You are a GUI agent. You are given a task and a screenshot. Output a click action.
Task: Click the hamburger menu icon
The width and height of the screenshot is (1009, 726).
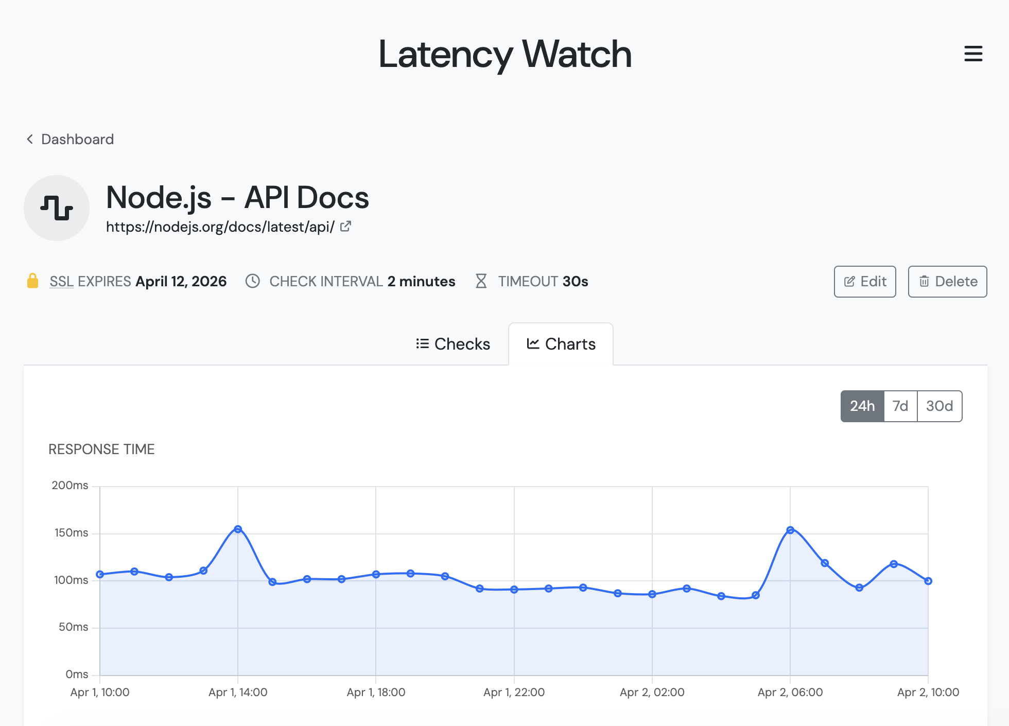(973, 54)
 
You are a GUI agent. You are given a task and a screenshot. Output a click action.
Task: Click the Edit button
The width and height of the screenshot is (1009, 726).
(865, 282)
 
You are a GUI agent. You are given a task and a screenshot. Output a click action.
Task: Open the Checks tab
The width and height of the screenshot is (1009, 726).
(453, 344)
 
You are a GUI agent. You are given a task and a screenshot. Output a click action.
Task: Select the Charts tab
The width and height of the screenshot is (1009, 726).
(561, 344)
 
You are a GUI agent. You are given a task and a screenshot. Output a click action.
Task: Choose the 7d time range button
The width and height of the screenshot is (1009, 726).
(900, 406)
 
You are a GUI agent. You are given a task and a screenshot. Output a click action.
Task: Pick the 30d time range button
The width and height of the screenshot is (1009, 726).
(940, 406)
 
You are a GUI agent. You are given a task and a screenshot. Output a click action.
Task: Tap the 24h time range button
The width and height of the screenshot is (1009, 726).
(862, 406)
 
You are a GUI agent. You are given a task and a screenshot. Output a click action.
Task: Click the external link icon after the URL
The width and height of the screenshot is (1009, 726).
(346, 226)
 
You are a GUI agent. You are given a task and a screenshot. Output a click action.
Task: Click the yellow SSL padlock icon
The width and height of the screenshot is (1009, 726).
(32, 281)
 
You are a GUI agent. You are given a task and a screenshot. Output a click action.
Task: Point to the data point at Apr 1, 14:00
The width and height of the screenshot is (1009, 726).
(238, 529)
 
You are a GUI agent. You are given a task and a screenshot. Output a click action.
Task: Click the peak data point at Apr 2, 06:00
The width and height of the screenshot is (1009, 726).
(790, 530)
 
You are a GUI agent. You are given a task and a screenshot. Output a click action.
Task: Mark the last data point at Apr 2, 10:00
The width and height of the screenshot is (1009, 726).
(928, 581)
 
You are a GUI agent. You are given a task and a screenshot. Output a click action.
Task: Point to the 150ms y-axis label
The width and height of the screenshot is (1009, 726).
(71, 533)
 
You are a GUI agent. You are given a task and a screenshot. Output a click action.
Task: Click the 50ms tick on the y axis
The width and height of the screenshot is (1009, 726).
(73, 627)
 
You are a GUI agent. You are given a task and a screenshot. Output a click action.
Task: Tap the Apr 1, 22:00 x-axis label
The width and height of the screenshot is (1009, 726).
(514, 693)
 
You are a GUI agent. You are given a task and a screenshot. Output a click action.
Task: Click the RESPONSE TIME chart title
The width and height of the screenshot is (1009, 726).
(101, 450)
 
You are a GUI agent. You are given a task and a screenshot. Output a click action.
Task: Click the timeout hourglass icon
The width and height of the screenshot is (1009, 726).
(481, 281)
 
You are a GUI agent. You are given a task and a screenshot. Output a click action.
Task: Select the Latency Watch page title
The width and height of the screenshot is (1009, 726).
(504, 54)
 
